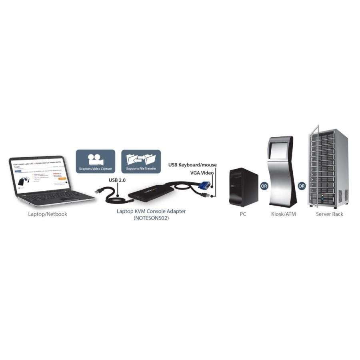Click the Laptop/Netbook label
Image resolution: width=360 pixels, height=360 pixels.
[48, 214]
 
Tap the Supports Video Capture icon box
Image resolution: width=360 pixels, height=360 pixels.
[96, 161]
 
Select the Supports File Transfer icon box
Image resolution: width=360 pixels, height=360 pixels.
[141, 161]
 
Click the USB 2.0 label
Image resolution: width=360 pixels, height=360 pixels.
[117, 180]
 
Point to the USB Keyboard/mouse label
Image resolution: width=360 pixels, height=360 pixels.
[192, 165]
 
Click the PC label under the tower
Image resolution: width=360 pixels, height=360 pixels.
[243, 214]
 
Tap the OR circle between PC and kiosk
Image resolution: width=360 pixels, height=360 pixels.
[264, 186]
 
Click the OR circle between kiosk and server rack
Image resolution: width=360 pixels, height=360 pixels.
[302, 186]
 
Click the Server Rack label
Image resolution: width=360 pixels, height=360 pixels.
[329, 214]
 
